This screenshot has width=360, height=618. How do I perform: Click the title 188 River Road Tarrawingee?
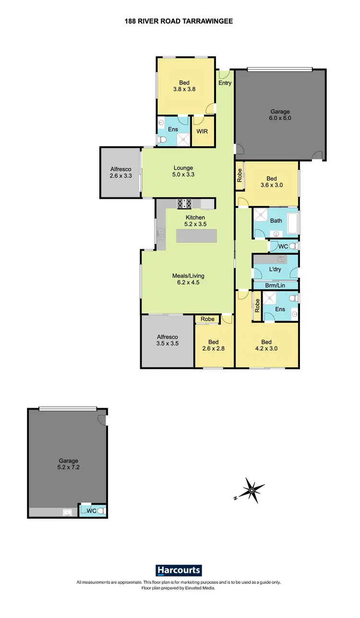[x=180, y=21]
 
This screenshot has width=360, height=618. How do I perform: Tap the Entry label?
[x=225, y=83]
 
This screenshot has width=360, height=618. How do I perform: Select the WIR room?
[x=202, y=131]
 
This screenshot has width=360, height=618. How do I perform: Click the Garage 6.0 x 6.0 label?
[x=280, y=115]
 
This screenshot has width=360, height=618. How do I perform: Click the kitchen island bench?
[x=196, y=236]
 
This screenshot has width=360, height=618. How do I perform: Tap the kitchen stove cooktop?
[x=185, y=204]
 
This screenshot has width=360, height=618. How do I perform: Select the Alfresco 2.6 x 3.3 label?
[x=120, y=172]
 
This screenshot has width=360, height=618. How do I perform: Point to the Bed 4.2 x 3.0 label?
[x=266, y=346]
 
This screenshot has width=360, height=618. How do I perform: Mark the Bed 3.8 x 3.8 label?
[x=184, y=85]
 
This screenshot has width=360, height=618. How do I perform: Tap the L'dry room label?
[x=275, y=269]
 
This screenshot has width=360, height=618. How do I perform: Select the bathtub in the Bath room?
[x=292, y=222]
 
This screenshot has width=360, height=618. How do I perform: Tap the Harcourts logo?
[x=179, y=570]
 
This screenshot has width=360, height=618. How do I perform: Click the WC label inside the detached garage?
[x=91, y=511]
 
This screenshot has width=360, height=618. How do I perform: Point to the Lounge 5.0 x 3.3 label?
[x=183, y=171]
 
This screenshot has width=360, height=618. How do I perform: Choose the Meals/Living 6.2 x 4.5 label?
[x=188, y=279]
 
